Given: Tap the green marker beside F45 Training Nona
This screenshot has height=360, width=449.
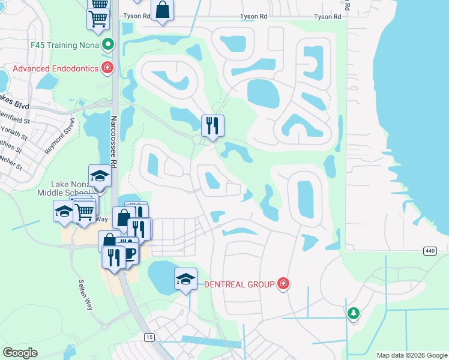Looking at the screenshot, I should tap(108, 44).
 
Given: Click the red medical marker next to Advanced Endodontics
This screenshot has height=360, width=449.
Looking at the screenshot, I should tap(107, 68).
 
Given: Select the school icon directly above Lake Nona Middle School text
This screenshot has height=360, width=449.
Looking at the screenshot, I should tap(100, 176).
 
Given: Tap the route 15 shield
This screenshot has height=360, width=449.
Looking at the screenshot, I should tap(148, 338).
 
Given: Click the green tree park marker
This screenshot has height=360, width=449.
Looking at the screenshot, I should tap(354, 313).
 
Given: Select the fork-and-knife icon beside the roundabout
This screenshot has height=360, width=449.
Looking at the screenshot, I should tap(212, 125).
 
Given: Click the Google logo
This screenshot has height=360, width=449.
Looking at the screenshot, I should tap(20, 353).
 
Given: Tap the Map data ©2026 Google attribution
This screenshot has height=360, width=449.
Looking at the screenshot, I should tap(412, 355).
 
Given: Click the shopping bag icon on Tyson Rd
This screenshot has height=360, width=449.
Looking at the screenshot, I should tap(163, 10).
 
